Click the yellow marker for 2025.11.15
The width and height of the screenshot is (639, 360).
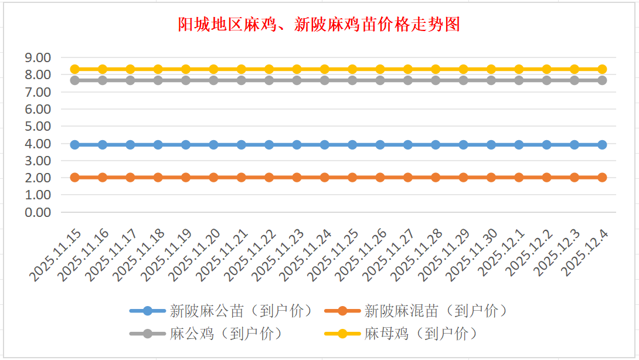coord(74,69)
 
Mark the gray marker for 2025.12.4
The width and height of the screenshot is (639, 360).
coord(602,80)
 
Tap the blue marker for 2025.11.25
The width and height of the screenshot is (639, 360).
coord(352,144)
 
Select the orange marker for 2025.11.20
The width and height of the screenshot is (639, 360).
coord(213,177)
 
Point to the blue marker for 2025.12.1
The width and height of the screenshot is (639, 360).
coord(519,144)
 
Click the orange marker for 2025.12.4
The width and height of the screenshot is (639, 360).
coord(602,177)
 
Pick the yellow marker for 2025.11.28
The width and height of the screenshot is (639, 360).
coord(436,69)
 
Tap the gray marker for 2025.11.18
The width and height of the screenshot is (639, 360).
coord(158,80)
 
